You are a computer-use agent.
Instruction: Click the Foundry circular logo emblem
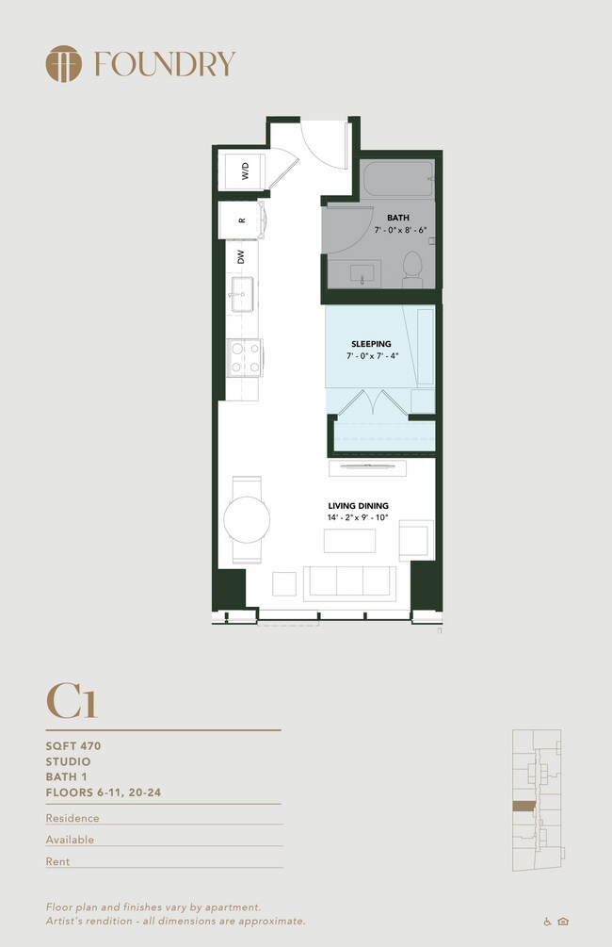[63, 63]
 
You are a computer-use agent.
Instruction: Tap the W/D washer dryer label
[246, 171]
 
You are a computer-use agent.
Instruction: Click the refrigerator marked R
[240, 220]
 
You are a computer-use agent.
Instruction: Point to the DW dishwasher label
[241, 256]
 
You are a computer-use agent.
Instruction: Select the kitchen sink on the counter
[242, 294]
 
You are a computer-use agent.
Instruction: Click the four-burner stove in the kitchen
[245, 357]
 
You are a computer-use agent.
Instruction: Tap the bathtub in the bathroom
[397, 178]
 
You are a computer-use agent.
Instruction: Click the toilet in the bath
[412, 269]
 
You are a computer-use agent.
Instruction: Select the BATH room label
[398, 218]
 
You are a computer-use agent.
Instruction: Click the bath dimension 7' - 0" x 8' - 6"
[400, 230]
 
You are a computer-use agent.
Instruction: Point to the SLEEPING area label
[371, 344]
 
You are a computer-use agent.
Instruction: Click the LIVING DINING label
[359, 505]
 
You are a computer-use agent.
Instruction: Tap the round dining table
[247, 519]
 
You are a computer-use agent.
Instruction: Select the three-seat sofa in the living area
[350, 583]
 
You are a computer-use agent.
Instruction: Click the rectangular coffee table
[349, 541]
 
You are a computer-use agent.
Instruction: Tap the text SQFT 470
[73, 746]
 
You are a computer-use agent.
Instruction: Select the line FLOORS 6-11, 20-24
[104, 792]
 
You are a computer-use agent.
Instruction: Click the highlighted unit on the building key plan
[523, 807]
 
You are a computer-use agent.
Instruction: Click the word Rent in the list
[58, 862]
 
